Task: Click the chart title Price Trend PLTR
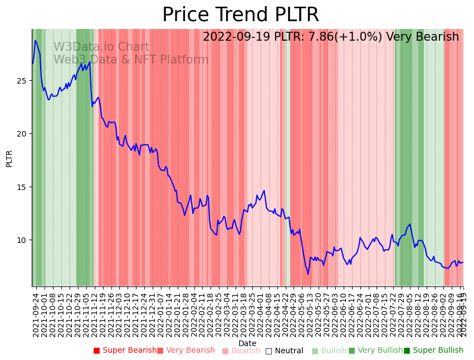pyautogui.click(x=241, y=15)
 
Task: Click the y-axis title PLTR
pyautogui.click(x=9, y=158)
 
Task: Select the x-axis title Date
pyautogui.click(x=247, y=343)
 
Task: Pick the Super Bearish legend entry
pyautogui.click(x=125, y=351)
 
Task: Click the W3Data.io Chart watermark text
pyautogui.click(x=101, y=47)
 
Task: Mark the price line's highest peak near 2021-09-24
pyautogui.click(x=35, y=40)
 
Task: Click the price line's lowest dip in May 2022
pyautogui.click(x=307, y=274)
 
